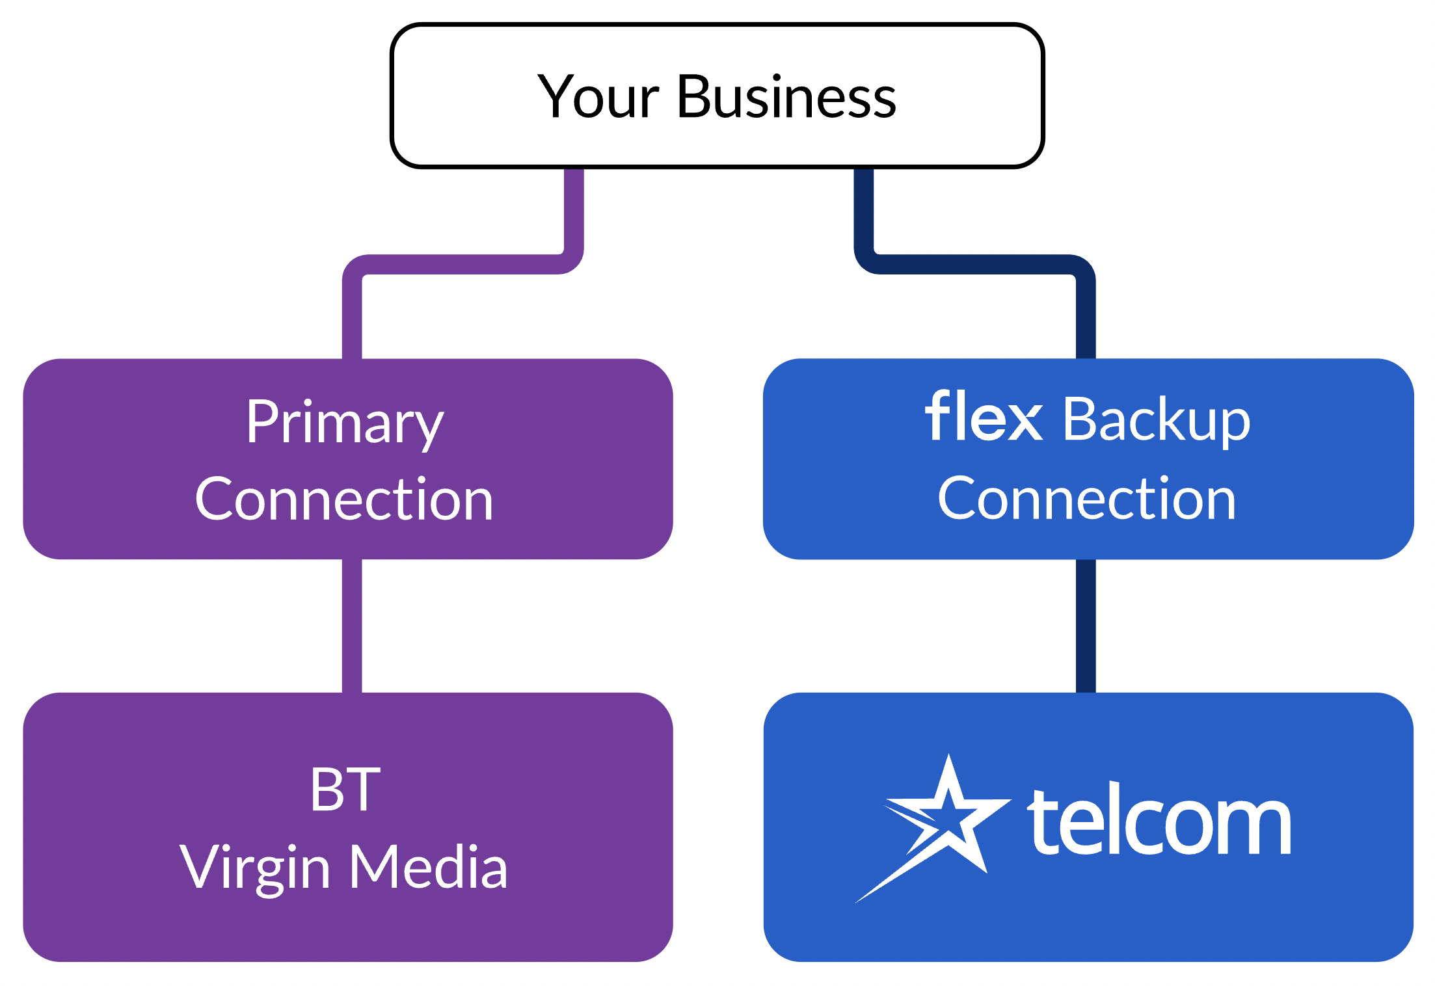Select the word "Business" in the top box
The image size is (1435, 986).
pos(786,98)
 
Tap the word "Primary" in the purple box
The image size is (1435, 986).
pos(344,423)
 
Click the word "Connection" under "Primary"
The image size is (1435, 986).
pos(344,500)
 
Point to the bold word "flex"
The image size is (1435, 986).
pos(983,417)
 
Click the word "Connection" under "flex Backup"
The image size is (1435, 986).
pos(1086,500)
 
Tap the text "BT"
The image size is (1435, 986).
pos(345,790)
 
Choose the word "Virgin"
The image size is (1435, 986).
pos(254,869)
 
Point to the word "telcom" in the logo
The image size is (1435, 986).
pos(1159,822)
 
